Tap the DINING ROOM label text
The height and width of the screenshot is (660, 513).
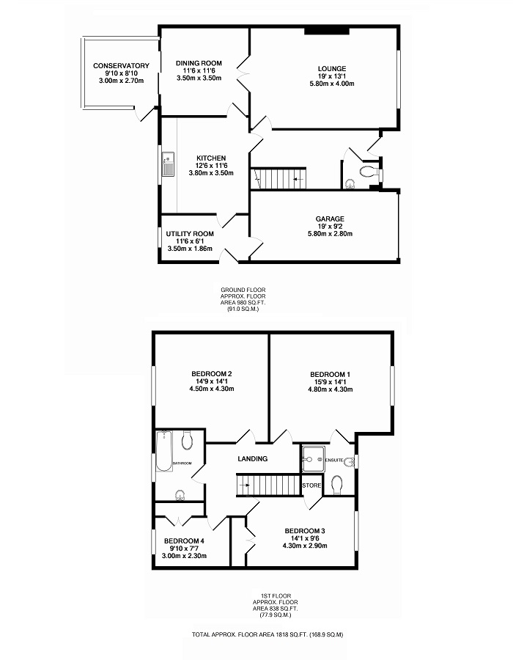[x=199, y=63]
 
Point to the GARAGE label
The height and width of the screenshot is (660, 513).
[x=331, y=219]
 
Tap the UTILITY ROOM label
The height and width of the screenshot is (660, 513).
[x=190, y=234]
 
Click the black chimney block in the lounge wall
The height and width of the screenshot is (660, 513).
[x=327, y=30]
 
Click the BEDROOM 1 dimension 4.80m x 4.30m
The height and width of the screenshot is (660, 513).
[x=330, y=389]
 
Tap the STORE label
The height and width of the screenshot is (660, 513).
[x=311, y=485]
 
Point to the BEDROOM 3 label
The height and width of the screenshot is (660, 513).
[x=305, y=531]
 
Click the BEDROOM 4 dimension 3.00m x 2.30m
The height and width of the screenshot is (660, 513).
[x=184, y=556]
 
